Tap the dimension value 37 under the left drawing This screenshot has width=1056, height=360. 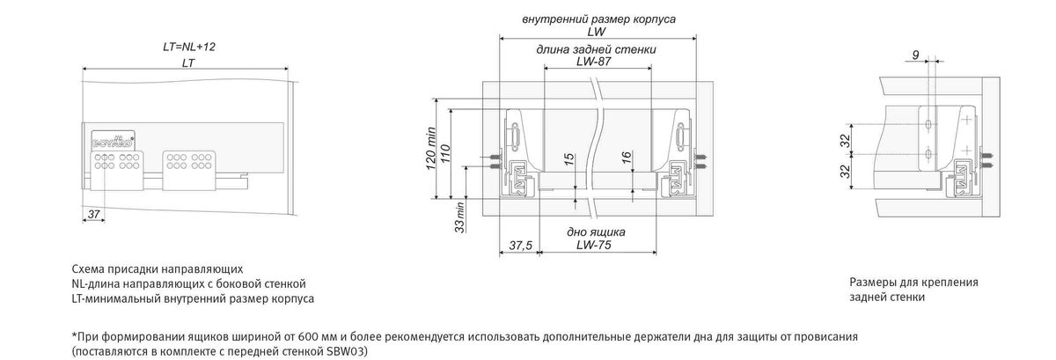click(x=97, y=215)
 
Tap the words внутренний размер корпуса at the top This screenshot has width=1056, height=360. click(x=598, y=18)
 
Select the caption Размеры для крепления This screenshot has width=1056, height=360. click(x=913, y=283)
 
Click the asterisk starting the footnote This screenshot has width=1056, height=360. click(x=75, y=336)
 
